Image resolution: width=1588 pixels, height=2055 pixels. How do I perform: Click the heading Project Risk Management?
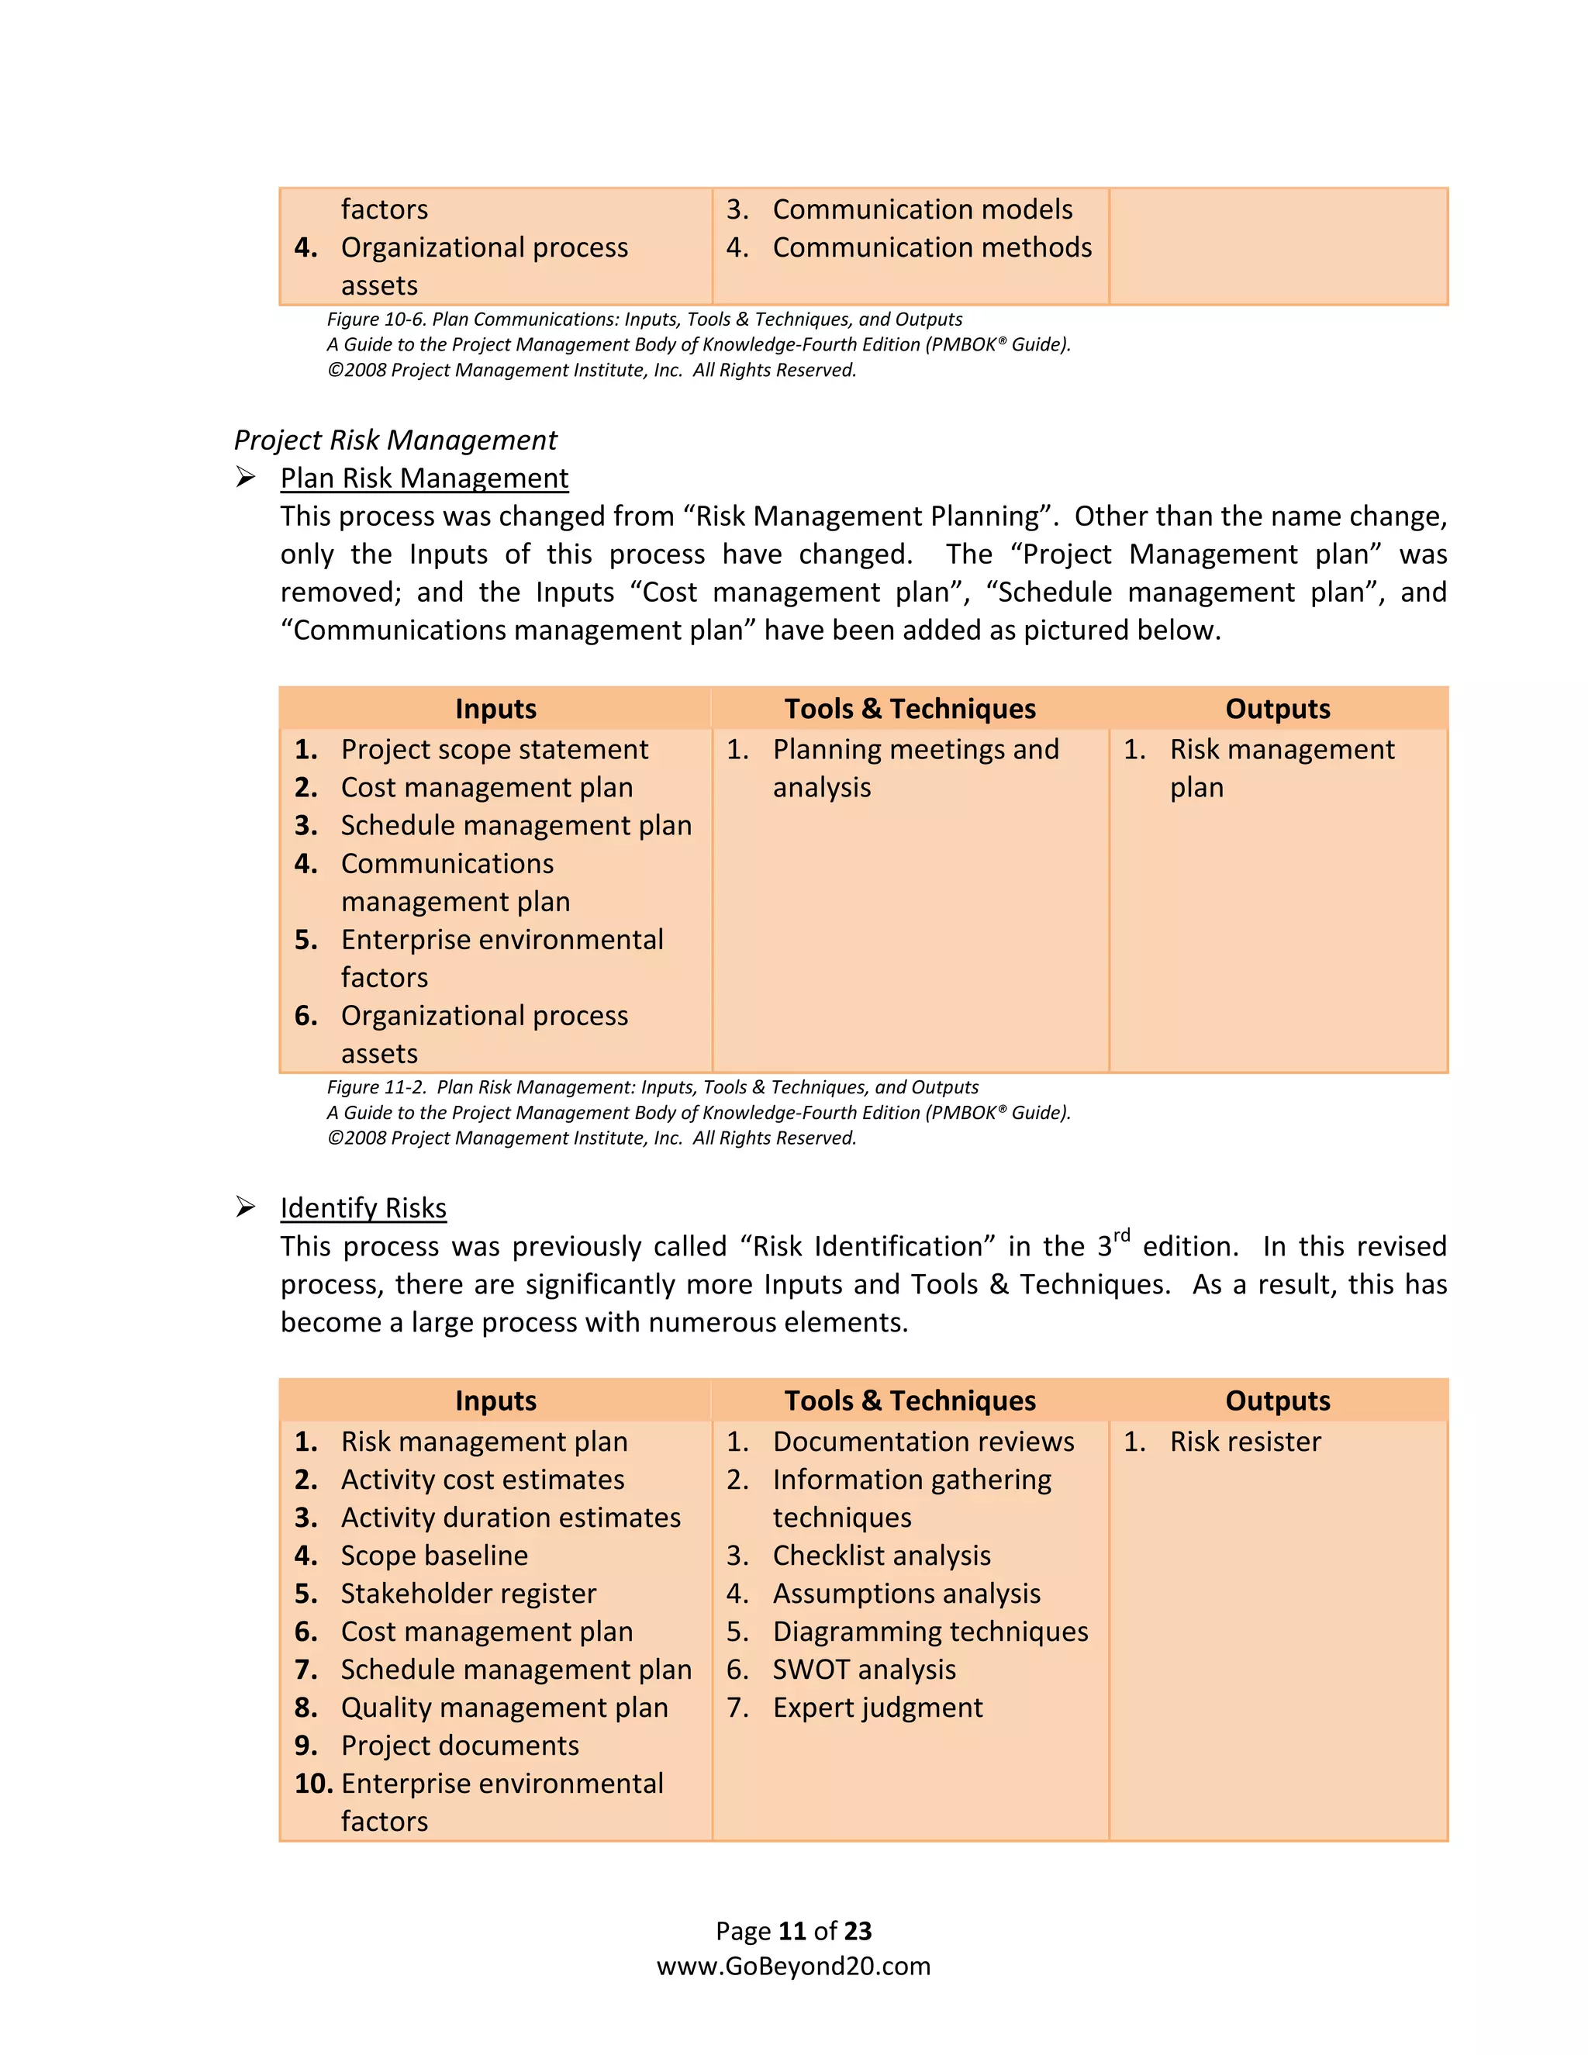point(395,440)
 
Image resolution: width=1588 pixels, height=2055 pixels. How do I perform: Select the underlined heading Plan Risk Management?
point(423,478)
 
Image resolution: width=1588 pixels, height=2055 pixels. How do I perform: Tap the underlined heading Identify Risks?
point(363,1207)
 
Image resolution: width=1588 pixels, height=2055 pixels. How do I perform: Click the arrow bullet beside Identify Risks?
point(246,1207)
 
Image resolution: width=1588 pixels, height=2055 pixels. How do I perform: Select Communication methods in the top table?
point(931,247)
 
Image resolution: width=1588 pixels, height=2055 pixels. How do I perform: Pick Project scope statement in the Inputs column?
point(494,749)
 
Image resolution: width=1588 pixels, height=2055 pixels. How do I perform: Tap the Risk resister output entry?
point(1245,1442)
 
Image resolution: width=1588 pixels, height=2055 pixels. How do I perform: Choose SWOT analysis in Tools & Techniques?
point(864,1670)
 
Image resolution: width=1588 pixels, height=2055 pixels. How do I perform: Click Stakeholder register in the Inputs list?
point(468,1593)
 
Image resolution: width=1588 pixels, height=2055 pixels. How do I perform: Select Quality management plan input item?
point(504,1707)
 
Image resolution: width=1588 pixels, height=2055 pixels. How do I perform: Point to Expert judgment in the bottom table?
point(877,1707)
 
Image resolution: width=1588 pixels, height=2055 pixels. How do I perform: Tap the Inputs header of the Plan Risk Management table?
point(495,709)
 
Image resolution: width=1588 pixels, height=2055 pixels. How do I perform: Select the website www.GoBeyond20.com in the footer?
point(793,1966)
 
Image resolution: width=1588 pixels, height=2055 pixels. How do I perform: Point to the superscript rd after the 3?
point(1121,1235)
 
